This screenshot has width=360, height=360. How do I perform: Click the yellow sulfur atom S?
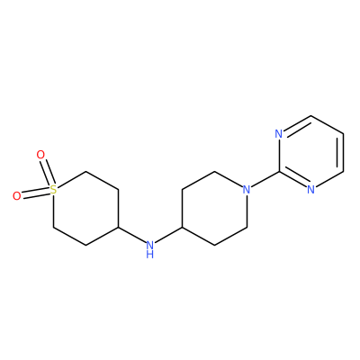(53, 190)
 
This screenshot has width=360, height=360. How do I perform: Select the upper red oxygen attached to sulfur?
(40, 155)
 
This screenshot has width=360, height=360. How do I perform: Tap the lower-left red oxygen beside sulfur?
(17, 196)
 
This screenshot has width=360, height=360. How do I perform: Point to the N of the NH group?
(150, 246)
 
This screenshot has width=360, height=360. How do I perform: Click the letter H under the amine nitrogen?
(150, 255)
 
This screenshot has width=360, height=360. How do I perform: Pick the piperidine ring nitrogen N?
(247, 190)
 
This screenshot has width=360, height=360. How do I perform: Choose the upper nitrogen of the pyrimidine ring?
(279, 134)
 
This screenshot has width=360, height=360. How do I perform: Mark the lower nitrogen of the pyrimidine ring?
(311, 190)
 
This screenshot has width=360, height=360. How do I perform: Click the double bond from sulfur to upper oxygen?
(47, 173)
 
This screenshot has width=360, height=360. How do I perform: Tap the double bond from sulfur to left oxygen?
(35, 193)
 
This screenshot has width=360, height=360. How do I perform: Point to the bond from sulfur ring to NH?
(132, 235)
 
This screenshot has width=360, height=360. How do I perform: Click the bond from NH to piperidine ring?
(168, 235)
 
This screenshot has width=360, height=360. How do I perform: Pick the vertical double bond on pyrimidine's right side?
(341, 152)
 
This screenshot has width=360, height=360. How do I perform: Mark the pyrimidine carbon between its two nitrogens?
(279, 171)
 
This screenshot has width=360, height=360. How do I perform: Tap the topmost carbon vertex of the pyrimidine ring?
(311, 115)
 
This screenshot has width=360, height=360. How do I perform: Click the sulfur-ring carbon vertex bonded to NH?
(118, 227)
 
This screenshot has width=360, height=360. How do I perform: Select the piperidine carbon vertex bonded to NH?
(183, 227)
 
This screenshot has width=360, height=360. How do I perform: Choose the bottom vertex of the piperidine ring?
(214, 246)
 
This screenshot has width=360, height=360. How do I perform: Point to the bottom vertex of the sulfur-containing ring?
(86, 246)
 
